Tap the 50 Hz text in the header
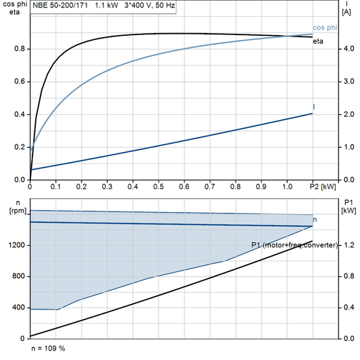coord(178,5)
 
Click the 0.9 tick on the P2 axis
coord(261,186)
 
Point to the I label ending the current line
coord(315,107)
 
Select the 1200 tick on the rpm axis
coord(16,246)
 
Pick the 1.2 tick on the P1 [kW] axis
coord(349,246)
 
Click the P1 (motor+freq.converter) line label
coord(294,245)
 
